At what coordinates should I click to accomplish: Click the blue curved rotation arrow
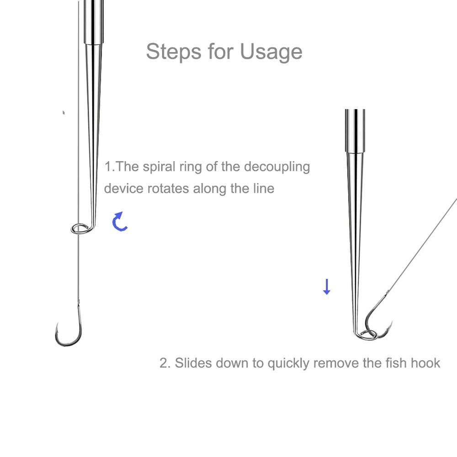(x=120, y=221)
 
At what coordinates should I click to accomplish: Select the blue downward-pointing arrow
(x=326, y=287)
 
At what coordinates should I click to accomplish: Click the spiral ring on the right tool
(x=367, y=335)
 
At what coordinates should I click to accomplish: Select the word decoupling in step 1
(x=276, y=166)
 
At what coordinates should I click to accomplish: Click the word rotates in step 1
(x=168, y=188)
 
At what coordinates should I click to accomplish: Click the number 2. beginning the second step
(x=165, y=363)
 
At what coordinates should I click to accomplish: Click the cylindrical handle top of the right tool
(x=355, y=130)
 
